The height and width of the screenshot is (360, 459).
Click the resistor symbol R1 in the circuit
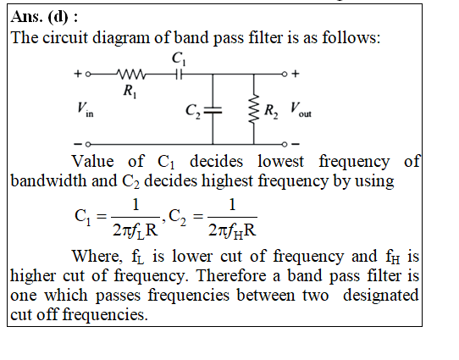coord(131,75)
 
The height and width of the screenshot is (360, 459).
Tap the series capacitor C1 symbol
coord(180,75)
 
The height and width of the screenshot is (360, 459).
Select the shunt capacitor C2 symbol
coord(213,110)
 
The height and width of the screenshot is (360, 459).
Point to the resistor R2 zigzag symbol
coord(254,108)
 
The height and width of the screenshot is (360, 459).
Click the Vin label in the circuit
coord(86,109)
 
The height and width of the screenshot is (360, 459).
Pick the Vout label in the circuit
coord(301,109)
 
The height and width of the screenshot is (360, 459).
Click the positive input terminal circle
coord(88,75)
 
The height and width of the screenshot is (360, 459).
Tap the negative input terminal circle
coord(88,144)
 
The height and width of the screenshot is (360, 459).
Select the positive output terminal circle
coord(285,74)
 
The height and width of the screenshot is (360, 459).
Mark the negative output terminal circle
coord(285,144)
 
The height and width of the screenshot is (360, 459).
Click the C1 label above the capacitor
coord(179,58)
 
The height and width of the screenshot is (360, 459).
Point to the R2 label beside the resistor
coord(271,112)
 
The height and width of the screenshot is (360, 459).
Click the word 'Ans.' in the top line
coord(26,17)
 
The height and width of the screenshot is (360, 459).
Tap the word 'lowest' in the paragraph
coord(280,161)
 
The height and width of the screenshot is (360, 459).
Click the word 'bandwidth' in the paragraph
coord(49,180)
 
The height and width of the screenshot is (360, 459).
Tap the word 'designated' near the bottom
coord(381,296)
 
